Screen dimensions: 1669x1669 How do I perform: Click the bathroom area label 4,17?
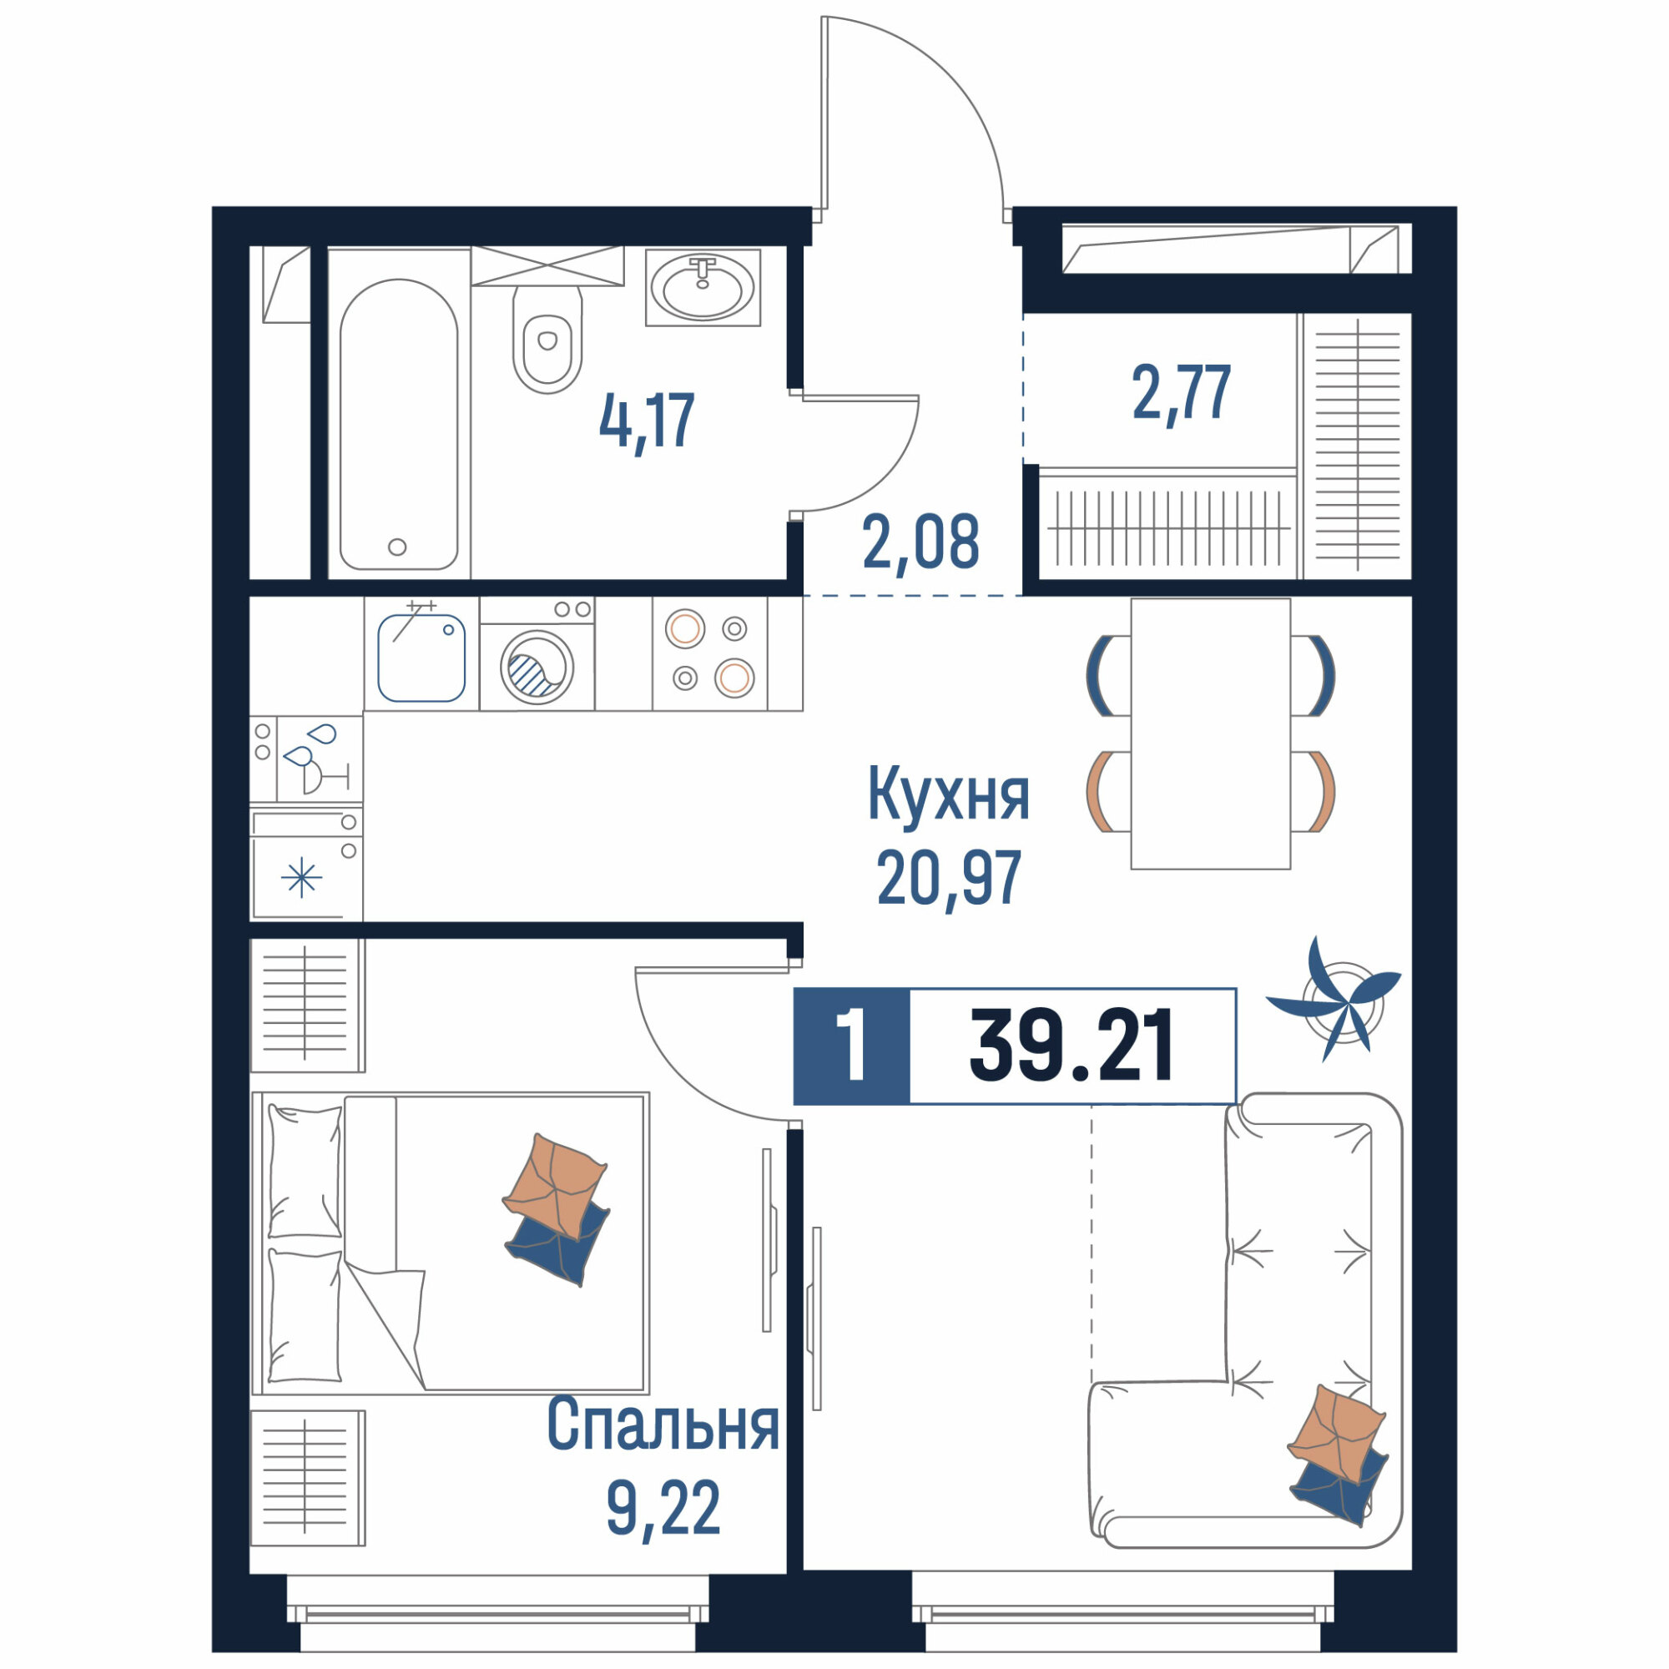coord(647,421)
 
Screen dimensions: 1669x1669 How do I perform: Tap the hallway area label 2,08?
coord(921,542)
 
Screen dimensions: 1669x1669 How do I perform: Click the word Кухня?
coord(949,793)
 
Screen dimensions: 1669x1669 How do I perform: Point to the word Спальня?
coord(663,1425)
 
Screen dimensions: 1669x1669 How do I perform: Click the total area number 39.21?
coord(1071,1046)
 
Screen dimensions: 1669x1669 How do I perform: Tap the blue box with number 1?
coord(852,1046)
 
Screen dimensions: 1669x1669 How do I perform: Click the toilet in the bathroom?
coord(547,340)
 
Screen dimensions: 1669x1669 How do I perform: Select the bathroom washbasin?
coord(703,288)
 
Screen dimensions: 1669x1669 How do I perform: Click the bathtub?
coord(398,424)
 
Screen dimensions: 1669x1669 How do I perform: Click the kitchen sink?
coord(421,658)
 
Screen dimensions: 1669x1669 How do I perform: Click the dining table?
coord(1210,734)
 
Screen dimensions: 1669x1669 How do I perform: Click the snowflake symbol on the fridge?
coord(301,879)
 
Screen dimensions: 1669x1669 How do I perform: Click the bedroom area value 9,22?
coord(663,1509)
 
